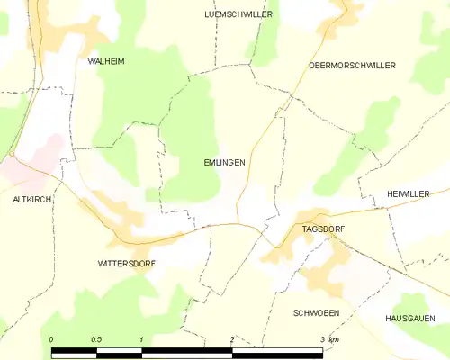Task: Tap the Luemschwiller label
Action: coord(238,15)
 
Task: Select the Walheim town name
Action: coord(105,61)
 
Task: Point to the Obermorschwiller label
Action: coord(352,66)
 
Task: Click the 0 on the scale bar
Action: coord(51,339)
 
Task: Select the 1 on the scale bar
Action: coord(141,339)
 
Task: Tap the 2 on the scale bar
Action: coord(232,339)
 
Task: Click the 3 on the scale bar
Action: coord(322,339)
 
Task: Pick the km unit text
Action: coord(335,339)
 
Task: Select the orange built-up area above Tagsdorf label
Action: coord(315,215)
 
